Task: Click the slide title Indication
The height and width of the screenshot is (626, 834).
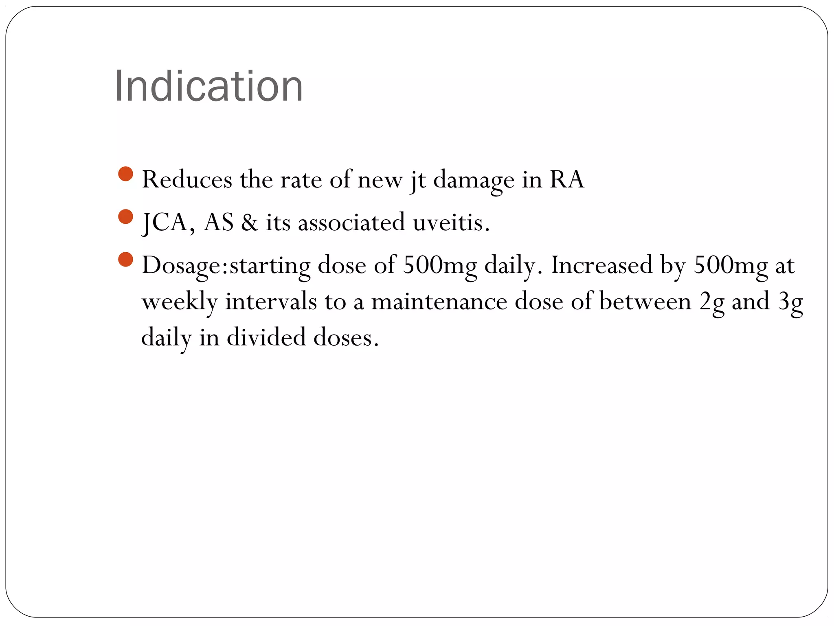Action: (x=208, y=86)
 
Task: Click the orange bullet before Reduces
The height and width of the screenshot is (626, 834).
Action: (x=126, y=174)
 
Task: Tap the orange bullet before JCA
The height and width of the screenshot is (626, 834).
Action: (x=126, y=217)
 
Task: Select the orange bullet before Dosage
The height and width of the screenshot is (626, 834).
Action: (x=126, y=260)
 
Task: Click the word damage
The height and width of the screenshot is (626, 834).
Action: (x=474, y=181)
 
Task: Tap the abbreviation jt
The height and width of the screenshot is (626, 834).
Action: (x=418, y=181)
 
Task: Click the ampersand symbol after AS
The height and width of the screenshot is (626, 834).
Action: (x=250, y=223)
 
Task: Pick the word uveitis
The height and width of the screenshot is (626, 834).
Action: (x=451, y=223)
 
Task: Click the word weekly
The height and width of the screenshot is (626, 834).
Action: (x=180, y=302)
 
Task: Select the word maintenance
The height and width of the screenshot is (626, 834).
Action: (x=439, y=302)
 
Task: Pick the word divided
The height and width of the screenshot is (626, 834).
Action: (x=266, y=338)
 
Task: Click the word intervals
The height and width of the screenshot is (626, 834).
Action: (x=271, y=302)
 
